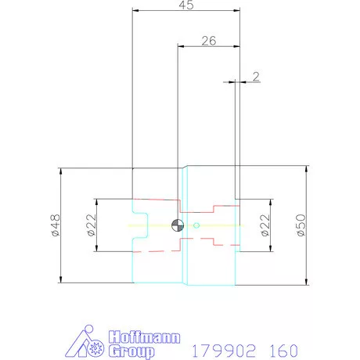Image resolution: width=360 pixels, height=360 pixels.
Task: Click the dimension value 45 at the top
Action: tap(185, 4)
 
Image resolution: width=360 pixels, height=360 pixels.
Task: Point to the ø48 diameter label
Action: tap(54, 225)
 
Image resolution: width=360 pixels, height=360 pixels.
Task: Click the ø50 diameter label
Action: tap(300, 225)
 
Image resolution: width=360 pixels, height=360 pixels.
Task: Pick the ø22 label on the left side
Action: tap(90, 225)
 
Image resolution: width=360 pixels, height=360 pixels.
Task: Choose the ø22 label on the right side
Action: tap(265, 225)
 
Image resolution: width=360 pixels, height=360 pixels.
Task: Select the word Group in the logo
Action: tap(127, 351)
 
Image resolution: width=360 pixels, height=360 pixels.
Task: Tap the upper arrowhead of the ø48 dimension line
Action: tap(60, 171)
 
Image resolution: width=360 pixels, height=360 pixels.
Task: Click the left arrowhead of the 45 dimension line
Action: tap(136, 11)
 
